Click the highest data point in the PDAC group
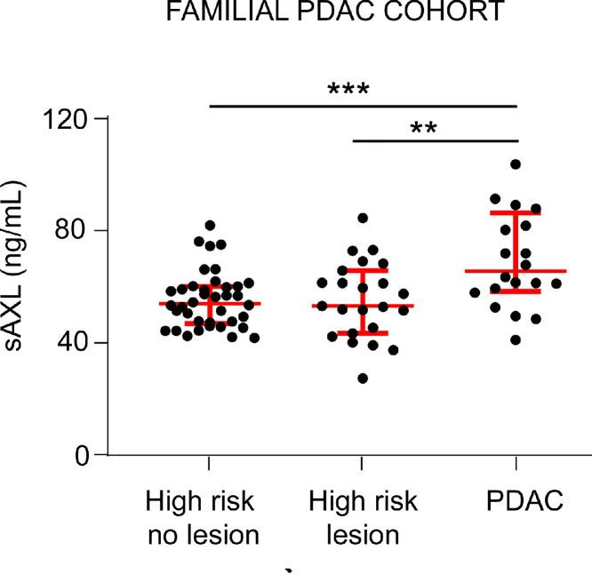pyautogui.click(x=516, y=164)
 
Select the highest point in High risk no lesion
pyautogui.click(x=211, y=226)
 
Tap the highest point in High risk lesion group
pyautogui.click(x=363, y=218)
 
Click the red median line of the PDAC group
pyautogui.click(x=516, y=271)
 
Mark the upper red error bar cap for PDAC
pyautogui.click(x=516, y=212)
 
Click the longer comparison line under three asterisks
pyautogui.click(x=363, y=106)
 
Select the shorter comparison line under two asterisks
pyautogui.click(x=436, y=140)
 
